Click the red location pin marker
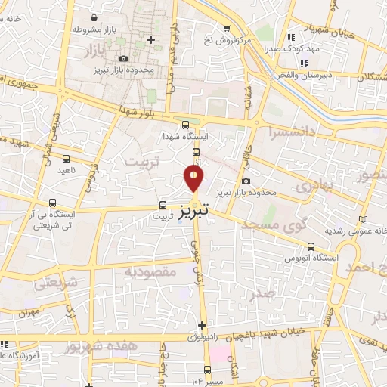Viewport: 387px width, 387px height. pos(194,178)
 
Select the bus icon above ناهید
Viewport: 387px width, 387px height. pos(65,159)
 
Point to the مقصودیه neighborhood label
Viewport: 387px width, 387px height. pos(150,271)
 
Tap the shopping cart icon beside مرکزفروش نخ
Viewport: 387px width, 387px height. pos(227,27)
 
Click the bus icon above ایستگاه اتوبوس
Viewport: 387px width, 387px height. pos(310,246)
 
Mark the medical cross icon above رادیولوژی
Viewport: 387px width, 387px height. pos(202,325)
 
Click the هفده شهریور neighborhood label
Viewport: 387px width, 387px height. pos(92,347)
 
